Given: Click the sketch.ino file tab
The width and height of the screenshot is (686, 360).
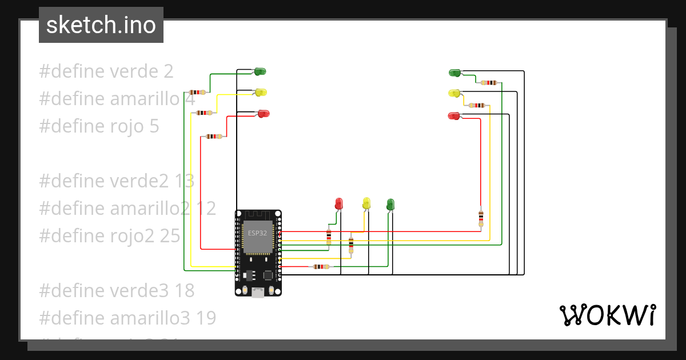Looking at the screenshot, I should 101,25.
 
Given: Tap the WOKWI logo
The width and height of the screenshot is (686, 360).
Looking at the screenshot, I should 607,315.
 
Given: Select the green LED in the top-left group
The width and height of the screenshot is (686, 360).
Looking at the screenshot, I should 259,71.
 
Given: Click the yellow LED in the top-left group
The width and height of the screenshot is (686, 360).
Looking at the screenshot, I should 261,92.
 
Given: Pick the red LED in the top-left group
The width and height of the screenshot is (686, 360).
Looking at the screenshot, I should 263,113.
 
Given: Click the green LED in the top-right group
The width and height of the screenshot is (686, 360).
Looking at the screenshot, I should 455,73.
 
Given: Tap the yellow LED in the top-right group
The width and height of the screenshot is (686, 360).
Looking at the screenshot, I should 454,93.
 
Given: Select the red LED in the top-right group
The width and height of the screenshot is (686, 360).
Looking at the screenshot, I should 454,116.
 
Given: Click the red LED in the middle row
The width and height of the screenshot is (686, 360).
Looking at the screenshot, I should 338,203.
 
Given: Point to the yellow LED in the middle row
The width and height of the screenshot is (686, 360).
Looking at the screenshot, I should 366,203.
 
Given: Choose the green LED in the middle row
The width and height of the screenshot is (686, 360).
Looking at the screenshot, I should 390,204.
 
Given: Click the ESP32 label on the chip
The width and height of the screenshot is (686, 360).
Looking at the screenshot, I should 257,233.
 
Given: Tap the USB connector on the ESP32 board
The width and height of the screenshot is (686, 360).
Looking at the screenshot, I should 258,293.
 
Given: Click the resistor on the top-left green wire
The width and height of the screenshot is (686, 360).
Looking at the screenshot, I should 197,92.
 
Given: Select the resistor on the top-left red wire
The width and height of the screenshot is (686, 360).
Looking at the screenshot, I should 214,137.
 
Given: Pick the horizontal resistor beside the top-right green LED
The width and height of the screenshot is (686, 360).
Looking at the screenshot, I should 489,82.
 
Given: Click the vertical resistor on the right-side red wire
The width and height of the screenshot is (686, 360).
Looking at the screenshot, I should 481,217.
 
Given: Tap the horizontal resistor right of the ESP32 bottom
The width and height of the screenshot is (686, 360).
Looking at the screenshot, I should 321,266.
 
